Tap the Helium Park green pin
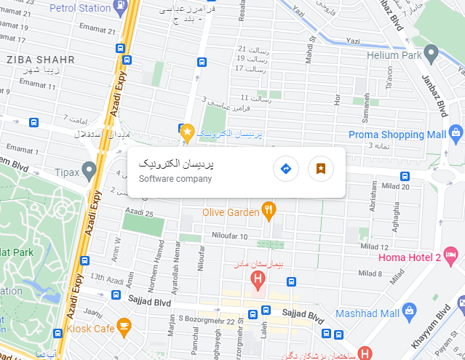431,52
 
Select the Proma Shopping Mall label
397,135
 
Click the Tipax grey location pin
90,172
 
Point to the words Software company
175,179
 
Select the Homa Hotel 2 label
409,257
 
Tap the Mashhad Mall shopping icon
408,312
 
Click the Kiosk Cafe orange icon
124,325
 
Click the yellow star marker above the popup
186,132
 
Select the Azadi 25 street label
139,214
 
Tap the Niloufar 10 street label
230,236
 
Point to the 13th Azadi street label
106,277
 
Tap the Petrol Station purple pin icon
119,7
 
